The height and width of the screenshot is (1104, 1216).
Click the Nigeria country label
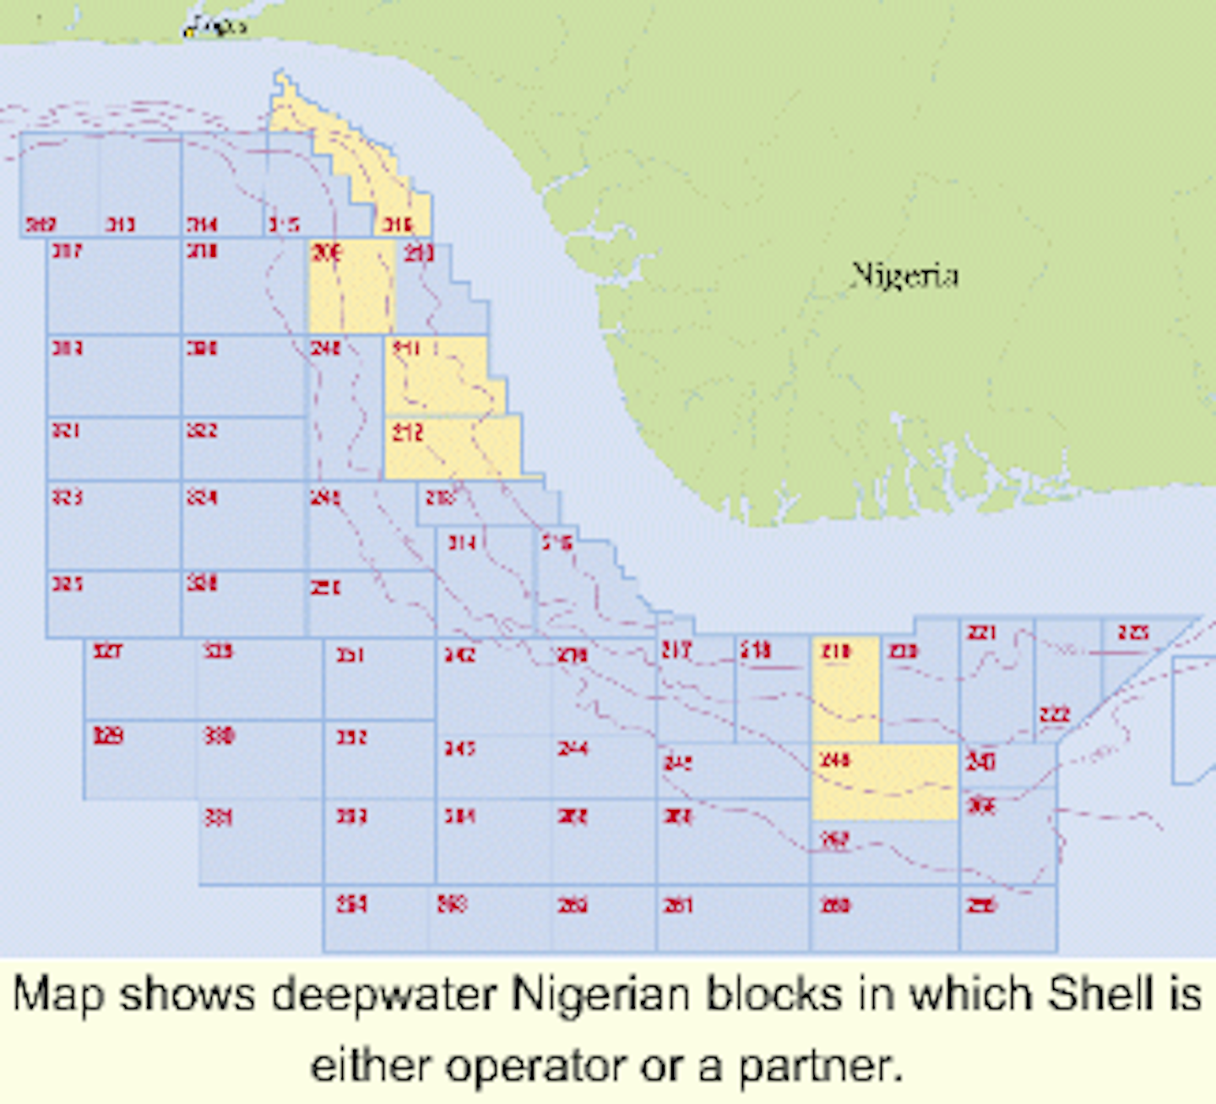coord(904,275)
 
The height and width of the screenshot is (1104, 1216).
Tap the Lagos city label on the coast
coord(215,27)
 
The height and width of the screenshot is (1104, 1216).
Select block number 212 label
coord(407,432)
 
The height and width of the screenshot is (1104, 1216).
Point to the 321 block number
coord(66,430)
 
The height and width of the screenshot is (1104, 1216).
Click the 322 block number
coord(202,430)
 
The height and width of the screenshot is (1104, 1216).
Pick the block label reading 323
coord(67,497)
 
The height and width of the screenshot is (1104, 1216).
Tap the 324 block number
coord(202,497)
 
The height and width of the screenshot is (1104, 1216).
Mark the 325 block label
coord(67,583)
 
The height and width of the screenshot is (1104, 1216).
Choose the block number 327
coord(107,650)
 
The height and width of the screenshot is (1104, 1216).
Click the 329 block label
coord(108,736)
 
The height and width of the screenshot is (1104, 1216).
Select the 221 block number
coord(981,632)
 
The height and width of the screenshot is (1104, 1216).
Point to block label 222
coord(1055,715)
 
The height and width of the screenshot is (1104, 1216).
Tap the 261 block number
coord(677,905)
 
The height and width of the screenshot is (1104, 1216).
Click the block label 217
coord(676,650)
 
